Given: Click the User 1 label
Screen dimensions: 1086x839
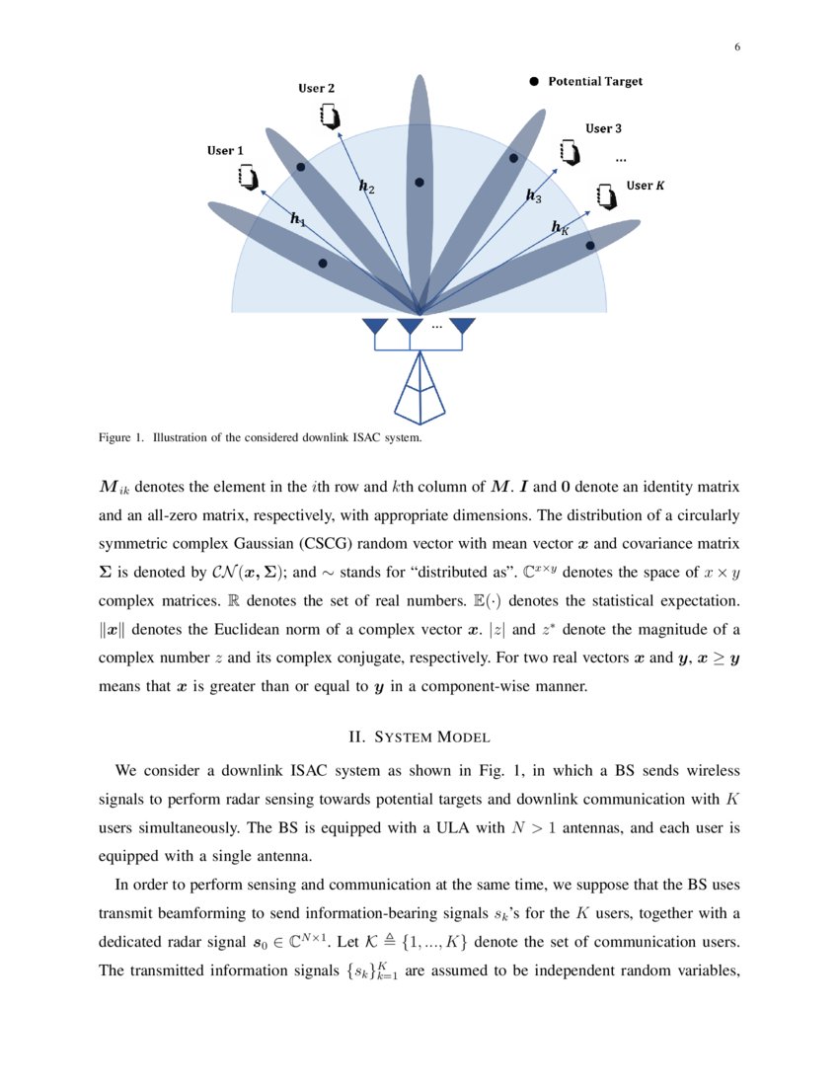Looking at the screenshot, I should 225,150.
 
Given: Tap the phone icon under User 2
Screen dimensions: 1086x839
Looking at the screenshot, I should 330,116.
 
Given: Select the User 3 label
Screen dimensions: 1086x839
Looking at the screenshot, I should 603,128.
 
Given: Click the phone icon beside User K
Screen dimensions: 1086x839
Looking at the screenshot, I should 606,195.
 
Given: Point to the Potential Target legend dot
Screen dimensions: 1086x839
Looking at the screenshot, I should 534,82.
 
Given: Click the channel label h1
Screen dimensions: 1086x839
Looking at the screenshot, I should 297,220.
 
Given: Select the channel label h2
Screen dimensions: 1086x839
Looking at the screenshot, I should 366,186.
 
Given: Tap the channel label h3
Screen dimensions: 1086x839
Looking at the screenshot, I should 533,196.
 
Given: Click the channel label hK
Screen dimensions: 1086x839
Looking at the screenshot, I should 560,228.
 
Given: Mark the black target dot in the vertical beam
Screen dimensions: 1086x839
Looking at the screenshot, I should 419,183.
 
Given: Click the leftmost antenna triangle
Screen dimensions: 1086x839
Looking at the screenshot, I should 375,326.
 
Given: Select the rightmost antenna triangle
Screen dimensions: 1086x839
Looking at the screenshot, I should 462,326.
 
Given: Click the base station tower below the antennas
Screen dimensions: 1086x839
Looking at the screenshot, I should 419,390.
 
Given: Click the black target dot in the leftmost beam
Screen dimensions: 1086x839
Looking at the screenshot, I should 323,264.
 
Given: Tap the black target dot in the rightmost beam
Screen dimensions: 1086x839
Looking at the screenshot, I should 590,245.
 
